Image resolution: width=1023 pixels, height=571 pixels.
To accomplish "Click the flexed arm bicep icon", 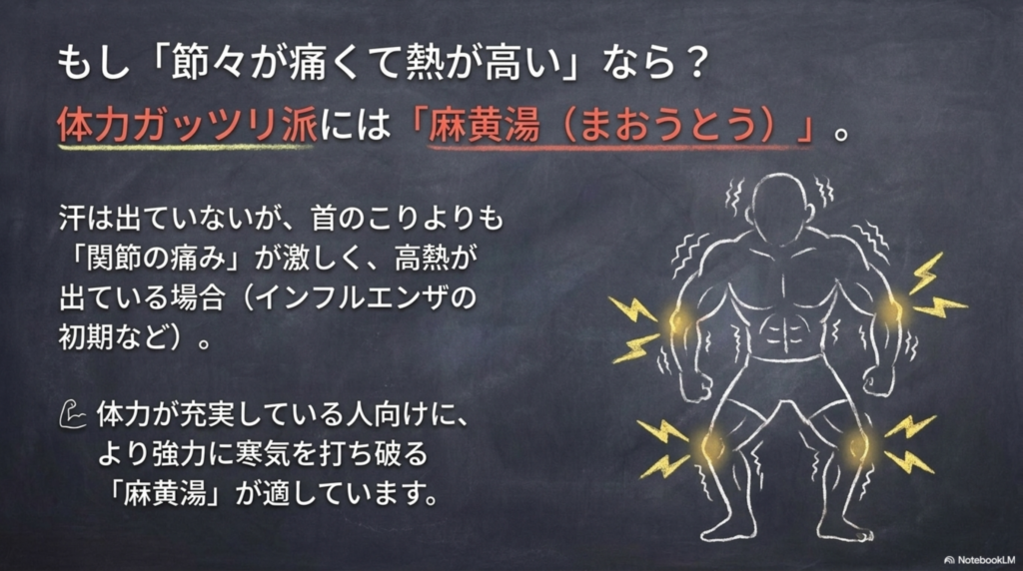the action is pos(72,415).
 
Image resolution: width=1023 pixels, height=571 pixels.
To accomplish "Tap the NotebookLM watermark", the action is pos(979,559).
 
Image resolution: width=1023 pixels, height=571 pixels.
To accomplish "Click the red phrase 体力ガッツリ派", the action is pos(187,125).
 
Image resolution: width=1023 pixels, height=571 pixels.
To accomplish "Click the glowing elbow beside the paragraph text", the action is pos(678,320).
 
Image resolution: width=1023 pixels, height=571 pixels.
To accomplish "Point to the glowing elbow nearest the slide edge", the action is pos(892,310).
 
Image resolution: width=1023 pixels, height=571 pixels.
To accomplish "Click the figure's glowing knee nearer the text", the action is pos(710,447).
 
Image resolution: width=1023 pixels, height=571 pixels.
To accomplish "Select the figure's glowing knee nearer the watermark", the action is pos(857,447).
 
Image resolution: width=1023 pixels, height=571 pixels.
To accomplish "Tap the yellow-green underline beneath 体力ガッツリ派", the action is pos(185,148).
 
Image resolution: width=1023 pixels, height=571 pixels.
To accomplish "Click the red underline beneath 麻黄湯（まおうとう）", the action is pos(619,148).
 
